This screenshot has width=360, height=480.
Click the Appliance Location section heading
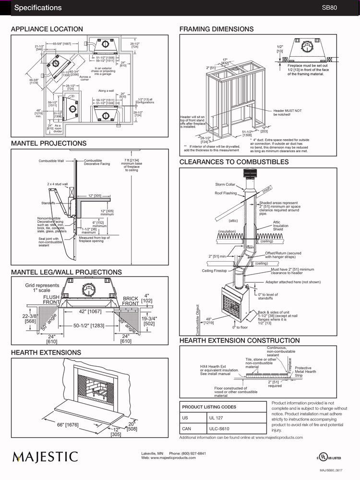coord(47,29)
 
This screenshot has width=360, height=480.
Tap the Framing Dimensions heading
coord(216,29)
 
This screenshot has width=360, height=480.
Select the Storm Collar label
coord(225,184)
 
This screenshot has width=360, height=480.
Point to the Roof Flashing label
coord(226,193)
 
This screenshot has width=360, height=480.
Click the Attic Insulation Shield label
coord(281,226)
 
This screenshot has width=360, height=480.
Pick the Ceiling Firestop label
coord(214,271)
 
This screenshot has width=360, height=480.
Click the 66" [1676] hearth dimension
coord(67,425)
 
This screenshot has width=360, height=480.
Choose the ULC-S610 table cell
coord(218,430)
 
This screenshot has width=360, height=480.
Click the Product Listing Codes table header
coord(209,407)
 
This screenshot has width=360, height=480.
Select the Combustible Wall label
coord(51,161)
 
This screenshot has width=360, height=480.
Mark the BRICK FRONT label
coord(131,301)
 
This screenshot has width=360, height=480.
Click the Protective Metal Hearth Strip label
coord(305,372)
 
